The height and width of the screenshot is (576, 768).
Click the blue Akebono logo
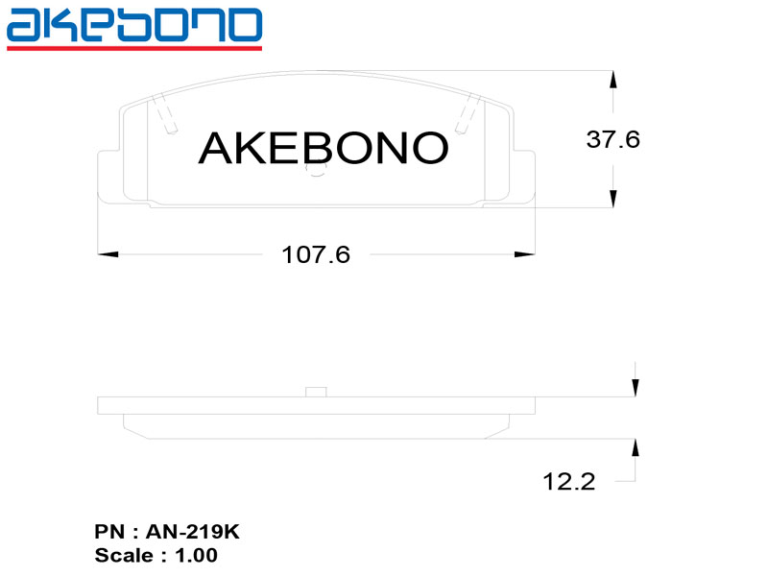pos(133,25)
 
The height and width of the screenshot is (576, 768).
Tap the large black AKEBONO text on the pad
pos(323,147)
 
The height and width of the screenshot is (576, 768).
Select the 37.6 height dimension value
pos(612,139)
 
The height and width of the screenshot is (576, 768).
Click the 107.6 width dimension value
pos(315,255)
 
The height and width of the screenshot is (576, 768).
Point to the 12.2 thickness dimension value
pos(568,482)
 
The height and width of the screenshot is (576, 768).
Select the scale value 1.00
pos(196,555)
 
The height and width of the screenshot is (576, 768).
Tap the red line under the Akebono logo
pos(133,46)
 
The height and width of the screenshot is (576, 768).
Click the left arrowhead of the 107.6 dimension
pos(108,254)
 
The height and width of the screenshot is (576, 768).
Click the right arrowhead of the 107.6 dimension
pos(524,254)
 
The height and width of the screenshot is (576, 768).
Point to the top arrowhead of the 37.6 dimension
pos(613,81)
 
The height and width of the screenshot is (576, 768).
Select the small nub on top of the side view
pos(316,391)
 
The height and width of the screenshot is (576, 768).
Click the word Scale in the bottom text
pos(124,555)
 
